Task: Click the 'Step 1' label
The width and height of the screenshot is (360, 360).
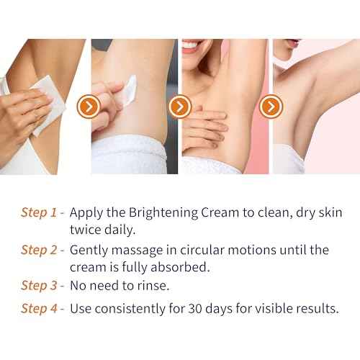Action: [x=40, y=213]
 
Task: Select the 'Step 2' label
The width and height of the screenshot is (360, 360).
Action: [x=40, y=251]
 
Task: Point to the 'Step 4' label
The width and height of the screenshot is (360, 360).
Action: [x=40, y=310]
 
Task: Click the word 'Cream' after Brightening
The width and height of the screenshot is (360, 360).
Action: [x=219, y=213]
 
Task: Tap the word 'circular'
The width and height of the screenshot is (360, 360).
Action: [x=206, y=251]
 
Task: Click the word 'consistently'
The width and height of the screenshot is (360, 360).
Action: [x=132, y=310]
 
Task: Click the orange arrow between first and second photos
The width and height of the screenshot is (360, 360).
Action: [x=89, y=107]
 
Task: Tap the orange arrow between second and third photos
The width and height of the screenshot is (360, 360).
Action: [x=179, y=107]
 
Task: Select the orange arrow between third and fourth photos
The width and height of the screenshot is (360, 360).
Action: [x=271, y=107]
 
